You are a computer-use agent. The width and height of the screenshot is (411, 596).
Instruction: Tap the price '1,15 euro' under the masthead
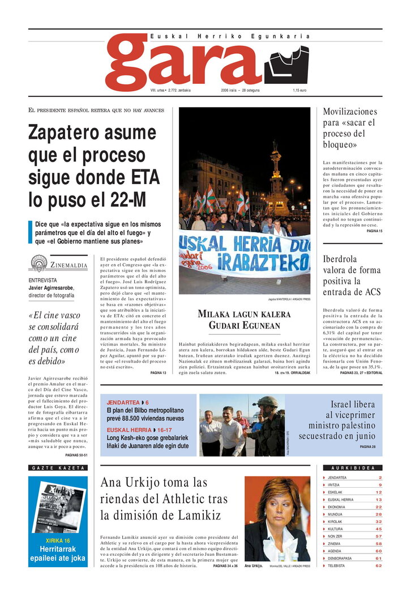(x=299, y=91)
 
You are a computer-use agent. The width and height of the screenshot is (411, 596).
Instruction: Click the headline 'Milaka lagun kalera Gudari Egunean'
(x=244, y=320)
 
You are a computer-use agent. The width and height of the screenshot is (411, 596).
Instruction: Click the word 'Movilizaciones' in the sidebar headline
(x=349, y=112)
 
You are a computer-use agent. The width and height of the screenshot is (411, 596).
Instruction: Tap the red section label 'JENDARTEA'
(x=122, y=402)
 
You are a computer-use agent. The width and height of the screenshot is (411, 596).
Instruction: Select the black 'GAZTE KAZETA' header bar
(x=58, y=468)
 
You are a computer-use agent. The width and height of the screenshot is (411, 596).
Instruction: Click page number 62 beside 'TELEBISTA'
(x=378, y=565)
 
